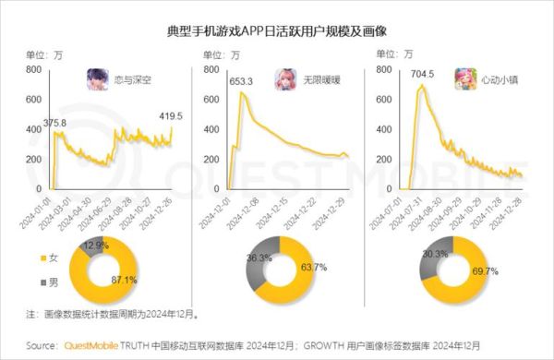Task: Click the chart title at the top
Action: pos(277,31)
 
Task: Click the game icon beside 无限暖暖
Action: pos(283,80)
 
